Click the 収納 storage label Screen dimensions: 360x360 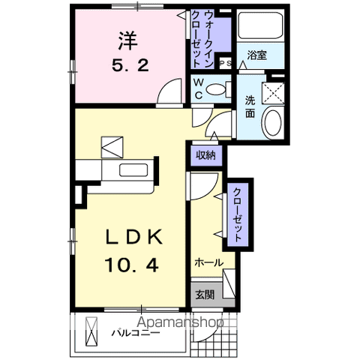coord(206,155)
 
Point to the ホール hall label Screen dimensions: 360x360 coord(208,262)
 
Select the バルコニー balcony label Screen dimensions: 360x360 coord(136,331)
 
